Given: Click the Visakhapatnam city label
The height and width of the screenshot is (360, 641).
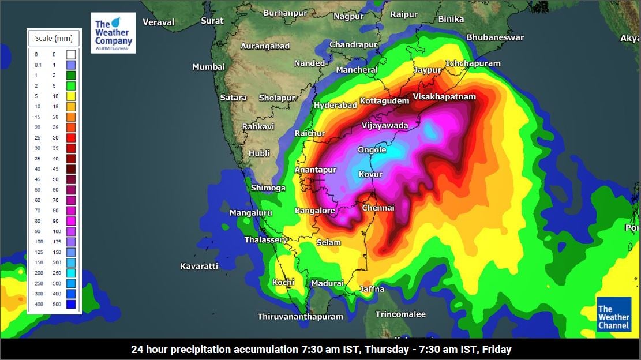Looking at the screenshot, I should point(444,96).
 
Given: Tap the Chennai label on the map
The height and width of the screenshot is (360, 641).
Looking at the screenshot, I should point(378,208).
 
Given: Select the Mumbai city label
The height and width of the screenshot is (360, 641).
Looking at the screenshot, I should point(208,67).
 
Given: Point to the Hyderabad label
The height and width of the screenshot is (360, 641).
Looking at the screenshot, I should point(335,105).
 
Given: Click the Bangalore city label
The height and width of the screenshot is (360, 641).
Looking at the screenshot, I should point(315,211).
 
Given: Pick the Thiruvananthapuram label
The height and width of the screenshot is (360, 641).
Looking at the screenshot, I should point(300,317).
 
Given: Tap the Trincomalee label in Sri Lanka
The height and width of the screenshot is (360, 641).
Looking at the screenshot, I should point(400,314).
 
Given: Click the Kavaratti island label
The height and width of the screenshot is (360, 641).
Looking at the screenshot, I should point(199,266).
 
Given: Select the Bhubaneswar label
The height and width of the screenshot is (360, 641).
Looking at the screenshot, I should point(495,37).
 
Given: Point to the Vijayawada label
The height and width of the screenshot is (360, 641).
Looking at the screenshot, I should point(385,125).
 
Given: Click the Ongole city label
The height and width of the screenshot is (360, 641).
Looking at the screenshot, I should point(372,149).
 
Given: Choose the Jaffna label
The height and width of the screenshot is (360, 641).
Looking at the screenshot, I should point(372,289).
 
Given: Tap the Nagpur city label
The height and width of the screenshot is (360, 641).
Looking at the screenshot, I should point(348,16).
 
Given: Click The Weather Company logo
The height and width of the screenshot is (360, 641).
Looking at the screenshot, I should point(113,33).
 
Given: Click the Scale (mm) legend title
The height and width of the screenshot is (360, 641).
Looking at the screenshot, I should point(54,39).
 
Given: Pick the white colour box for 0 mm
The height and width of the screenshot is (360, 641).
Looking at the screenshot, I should point(71,55).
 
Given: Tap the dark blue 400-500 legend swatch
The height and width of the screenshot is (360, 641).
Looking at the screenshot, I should point(71,304).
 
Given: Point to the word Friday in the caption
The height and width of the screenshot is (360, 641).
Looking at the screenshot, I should point(496,350).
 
